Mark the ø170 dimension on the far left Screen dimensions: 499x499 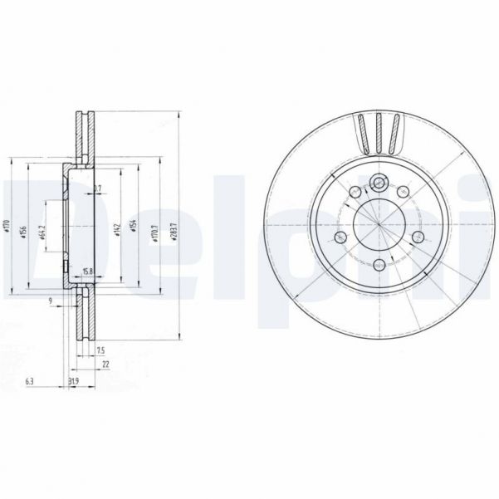7,225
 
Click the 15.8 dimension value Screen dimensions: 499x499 87,271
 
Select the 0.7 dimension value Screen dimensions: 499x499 97,189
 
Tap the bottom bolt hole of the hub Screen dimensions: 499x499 378,266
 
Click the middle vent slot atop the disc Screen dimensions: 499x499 378,133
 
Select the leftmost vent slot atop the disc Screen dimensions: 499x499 362,133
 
